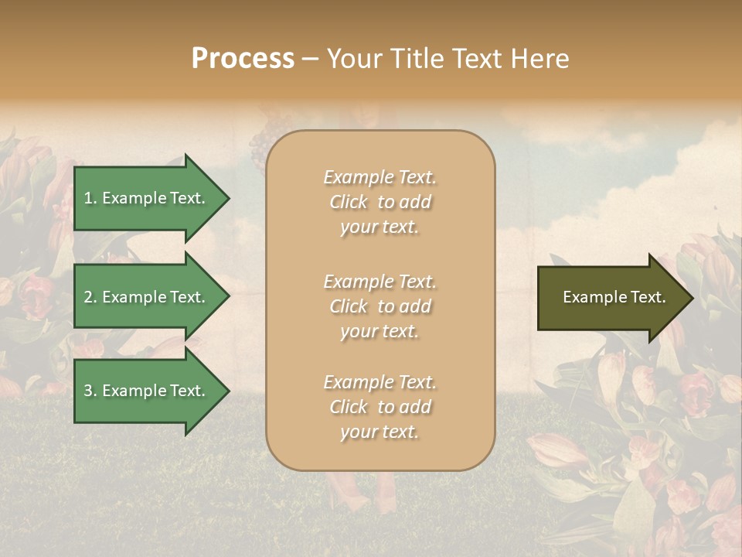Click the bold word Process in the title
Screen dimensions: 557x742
click(243, 59)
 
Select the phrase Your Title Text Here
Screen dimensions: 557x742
click(448, 59)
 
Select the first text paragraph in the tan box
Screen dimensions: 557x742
click(380, 202)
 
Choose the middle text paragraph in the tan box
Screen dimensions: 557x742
click(380, 306)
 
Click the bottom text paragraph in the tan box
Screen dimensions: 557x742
click(380, 407)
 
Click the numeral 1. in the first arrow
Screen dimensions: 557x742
click(90, 198)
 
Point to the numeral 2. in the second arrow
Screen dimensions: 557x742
click(90, 297)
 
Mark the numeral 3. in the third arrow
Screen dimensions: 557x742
click(90, 391)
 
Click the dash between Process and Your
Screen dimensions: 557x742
click(311, 60)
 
